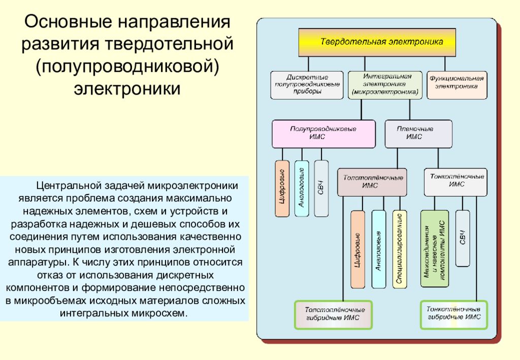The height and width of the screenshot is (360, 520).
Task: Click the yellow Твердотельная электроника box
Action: tap(377, 42)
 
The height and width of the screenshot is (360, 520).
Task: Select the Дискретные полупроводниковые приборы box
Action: tap(307, 85)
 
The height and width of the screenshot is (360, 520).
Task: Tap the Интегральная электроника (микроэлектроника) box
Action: tap(385, 85)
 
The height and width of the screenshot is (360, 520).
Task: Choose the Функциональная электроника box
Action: tap(457, 85)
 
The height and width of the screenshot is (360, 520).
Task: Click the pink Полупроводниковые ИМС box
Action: tap(323, 134)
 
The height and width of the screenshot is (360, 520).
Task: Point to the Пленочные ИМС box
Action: tap(418, 134)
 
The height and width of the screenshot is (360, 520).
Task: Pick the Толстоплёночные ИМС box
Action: tap(372, 182)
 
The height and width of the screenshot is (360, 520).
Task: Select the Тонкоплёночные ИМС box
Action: tap(456, 182)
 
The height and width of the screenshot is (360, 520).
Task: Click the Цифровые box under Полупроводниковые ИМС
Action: tap(282, 188)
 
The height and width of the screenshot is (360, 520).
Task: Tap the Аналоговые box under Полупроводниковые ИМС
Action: tap(302, 188)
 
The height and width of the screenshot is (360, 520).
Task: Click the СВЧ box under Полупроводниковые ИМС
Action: tap(321, 188)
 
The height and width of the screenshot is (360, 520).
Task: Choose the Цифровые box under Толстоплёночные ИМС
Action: tap(357, 249)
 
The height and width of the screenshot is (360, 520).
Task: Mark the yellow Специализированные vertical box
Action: tap(399, 249)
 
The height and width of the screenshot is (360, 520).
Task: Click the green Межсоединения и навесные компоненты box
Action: tap(435, 249)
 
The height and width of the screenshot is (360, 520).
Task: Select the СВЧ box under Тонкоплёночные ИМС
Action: tap(462, 238)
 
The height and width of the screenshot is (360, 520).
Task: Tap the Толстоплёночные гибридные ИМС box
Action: tap(333, 315)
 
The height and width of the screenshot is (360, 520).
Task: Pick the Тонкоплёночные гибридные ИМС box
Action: tap(453, 315)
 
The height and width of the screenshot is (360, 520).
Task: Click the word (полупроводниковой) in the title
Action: tap(127, 67)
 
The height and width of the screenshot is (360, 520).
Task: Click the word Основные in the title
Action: tap(69, 22)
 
